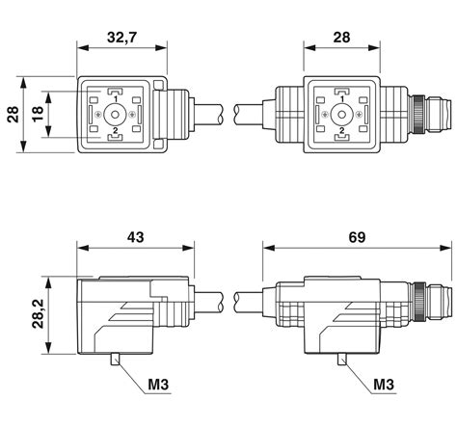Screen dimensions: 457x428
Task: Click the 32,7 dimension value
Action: (121, 38)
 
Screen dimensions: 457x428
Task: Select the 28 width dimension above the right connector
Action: (341, 38)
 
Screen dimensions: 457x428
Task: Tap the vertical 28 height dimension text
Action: (13, 114)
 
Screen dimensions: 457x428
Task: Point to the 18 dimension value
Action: (38, 114)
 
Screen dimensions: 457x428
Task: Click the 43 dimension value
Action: (135, 237)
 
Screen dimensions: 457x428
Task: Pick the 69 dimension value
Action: (357, 237)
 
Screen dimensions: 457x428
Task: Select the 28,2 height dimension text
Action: (38, 313)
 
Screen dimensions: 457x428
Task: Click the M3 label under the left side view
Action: (158, 385)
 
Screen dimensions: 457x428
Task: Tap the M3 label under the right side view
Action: (384, 385)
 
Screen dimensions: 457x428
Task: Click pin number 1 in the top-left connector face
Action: (115, 98)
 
